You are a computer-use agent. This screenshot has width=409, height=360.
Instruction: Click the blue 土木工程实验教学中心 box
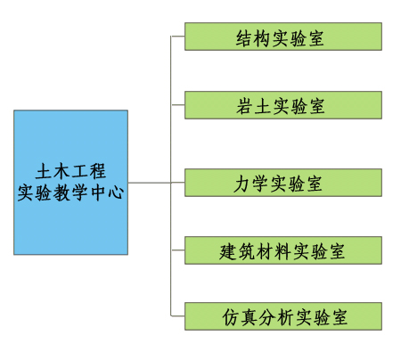pos(70,183)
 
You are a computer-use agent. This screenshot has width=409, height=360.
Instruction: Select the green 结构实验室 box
pos(283,37)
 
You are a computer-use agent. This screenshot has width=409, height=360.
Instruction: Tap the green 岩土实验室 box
pos(283,105)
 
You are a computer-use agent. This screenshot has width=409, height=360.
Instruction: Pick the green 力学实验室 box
pos(283,183)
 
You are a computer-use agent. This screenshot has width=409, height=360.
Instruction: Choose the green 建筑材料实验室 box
pos(283,250)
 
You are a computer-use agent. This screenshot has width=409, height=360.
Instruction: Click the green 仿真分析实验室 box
pos(283,316)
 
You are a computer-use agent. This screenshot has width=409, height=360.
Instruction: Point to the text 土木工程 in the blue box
pos(70,171)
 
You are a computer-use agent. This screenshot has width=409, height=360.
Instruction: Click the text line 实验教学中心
pos(70,192)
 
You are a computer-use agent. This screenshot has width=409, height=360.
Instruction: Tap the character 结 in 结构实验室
pos(245,38)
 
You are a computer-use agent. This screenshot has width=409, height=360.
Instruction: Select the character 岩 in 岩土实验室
pos(245,106)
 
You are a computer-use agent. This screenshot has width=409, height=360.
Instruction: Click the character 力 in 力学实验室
pos(242,184)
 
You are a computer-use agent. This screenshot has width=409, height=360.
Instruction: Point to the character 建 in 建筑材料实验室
pos(228,252)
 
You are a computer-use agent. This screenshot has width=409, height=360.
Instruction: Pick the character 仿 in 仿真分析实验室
pos(231,317)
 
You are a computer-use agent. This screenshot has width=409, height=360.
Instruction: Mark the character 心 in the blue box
pos(116,192)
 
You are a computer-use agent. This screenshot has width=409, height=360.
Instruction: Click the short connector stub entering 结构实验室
pos(177,37)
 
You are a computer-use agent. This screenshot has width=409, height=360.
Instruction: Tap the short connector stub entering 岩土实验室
pos(177,105)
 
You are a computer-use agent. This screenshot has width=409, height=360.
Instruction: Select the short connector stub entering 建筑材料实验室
pos(177,250)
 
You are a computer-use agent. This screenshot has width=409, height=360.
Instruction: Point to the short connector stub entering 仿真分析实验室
pos(177,316)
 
